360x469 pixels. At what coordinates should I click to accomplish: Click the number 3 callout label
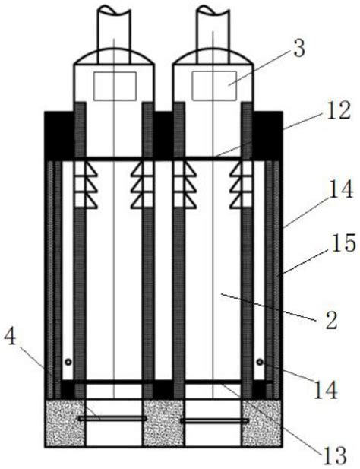tap(299, 49)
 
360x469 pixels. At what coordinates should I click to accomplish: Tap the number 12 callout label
tap(338, 111)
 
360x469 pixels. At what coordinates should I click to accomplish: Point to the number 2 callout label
tap(331, 320)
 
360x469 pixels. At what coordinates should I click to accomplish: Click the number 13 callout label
tap(334, 456)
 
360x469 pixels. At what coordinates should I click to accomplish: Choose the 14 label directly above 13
tap(326, 389)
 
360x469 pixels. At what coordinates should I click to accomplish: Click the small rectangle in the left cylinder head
tap(115, 86)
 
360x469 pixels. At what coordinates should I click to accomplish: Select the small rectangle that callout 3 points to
tap(214, 86)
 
